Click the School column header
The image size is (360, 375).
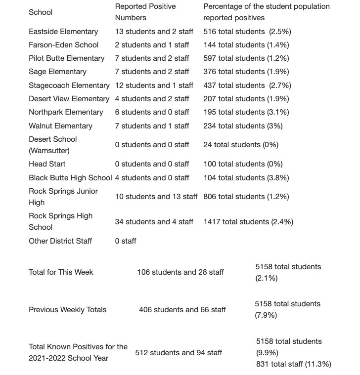point(41,12)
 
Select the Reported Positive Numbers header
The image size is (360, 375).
point(145,12)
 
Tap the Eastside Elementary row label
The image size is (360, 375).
point(63,32)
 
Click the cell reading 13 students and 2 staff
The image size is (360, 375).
point(154,32)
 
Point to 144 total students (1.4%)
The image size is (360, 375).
point(246,45)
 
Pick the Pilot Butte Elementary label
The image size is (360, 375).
point(67,58)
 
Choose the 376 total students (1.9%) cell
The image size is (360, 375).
point(246,72)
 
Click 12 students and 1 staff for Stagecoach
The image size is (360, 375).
point(154,85)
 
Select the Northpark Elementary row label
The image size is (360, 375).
point(66,112)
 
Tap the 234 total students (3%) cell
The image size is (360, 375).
point(243,126)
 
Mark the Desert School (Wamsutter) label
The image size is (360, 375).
point(53,145)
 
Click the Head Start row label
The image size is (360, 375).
point(47,164)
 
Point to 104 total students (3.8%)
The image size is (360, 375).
point(246,178)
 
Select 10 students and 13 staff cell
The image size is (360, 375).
point(156,197)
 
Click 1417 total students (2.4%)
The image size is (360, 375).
point(248,222)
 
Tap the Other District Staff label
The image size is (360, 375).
point(60,241)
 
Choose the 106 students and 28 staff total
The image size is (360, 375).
point(180,272)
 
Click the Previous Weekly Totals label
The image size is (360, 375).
point(67,310)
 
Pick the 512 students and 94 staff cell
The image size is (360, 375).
point(179,353)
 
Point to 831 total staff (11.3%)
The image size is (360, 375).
point(294,364)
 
